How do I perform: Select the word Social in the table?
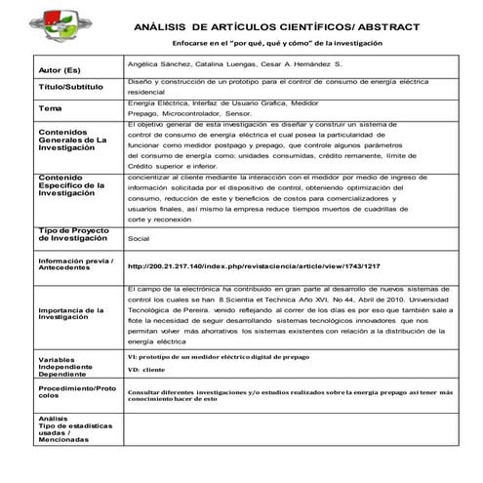point(139,237)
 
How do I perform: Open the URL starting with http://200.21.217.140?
point(253,265)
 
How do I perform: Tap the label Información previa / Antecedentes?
point(74,265)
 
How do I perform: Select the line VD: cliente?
point(146,371)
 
